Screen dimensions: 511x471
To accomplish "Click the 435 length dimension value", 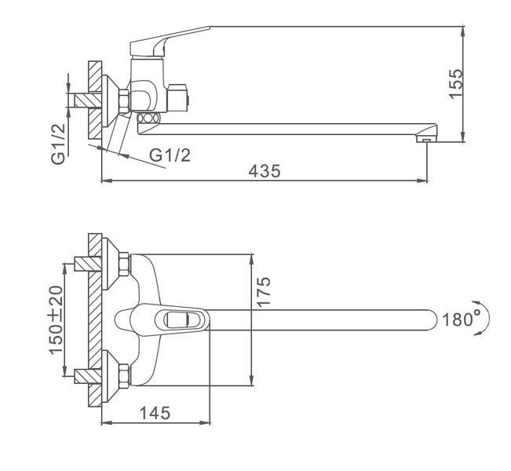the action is point(265,171).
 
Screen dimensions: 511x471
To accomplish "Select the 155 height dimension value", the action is point(455,83).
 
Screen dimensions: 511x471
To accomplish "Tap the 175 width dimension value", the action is point(264,291).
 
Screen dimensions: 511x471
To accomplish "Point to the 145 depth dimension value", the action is point(155,413).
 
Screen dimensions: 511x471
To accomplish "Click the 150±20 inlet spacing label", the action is point(56,319).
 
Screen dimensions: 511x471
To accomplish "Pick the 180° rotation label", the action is point(461,319).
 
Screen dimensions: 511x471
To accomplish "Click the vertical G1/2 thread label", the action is point(58,144).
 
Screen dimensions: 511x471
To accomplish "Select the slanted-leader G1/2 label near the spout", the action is point(170,155).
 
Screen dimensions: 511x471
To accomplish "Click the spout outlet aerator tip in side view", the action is point(427,140).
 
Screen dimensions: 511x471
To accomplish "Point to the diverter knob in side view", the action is point(177,98).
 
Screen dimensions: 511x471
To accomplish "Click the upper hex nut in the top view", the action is point(124,264).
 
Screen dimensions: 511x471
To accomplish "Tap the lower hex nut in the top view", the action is point(124,376).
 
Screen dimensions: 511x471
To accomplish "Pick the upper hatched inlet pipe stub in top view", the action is point(88,264).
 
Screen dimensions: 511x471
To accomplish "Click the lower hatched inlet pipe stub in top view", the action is point(88,376).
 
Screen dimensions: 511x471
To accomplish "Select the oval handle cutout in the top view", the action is point(178,319).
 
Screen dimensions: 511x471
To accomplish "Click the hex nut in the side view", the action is point(124,101).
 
